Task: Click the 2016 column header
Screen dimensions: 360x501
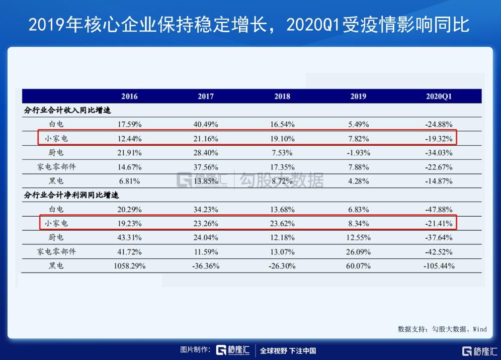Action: point(129,97)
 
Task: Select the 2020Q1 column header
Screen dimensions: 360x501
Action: point(439,97)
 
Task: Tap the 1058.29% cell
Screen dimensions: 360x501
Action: point(129,266)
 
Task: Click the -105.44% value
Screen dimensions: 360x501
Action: point(439,266)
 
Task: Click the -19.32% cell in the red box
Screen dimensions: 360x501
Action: point(439,138)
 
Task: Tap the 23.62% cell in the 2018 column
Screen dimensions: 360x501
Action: point(282,223)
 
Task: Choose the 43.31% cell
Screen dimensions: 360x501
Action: point(129,237)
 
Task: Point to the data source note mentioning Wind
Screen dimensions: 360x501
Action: point(442,329)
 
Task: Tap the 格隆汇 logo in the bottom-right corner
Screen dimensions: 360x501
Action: point(480,350)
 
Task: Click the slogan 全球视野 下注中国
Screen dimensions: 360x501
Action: point(288,350)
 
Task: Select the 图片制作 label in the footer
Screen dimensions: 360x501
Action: point(195,350)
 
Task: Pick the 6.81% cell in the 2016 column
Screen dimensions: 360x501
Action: point(129,181)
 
